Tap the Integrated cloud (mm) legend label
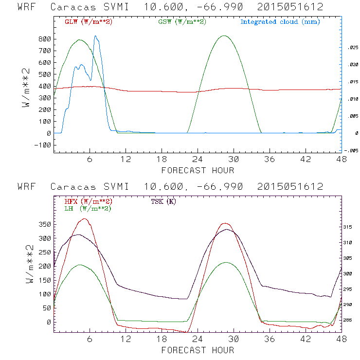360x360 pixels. click(x=280, y=22)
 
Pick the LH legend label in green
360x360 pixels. click(x=87, y=208)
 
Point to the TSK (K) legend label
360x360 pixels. click(x=163, y=201)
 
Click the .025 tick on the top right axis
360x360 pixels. click(x=352, y=48)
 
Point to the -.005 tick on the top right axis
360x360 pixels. click(x=351, y=150)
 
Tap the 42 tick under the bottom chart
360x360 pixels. click(x=306, y=339)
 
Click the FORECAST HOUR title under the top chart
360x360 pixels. click(x=198, y=170)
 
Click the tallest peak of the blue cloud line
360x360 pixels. click(x=96, y=36)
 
